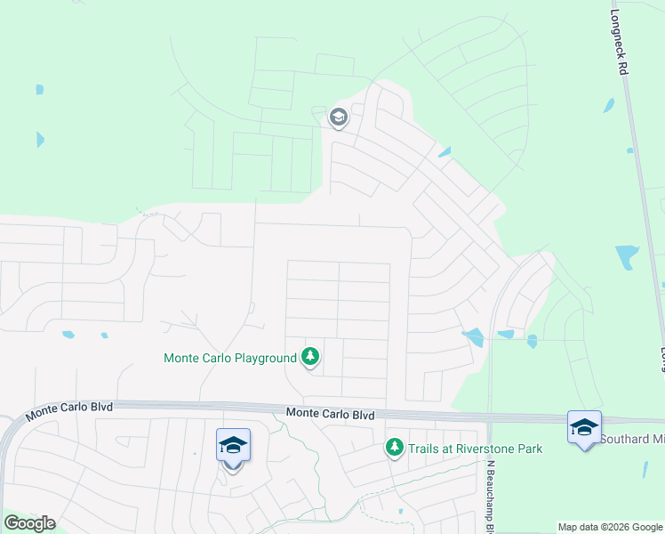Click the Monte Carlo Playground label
(x=229, y=359)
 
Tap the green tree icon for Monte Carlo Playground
(x=310, y=358)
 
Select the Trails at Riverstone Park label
(x=475, y=449)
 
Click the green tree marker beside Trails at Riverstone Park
(x=395, y=448)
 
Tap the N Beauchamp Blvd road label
(x=489, y=495)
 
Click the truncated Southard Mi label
(x=631, y=439)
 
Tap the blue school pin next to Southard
(x=584, y=428)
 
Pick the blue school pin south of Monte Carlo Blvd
(x=232, y=446)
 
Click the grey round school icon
(x=338, y=117)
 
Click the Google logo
(x=29, y=523)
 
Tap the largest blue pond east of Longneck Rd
(x=627, y=257)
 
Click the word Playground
(x=263, y=359)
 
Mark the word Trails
(x=424, y=449)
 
